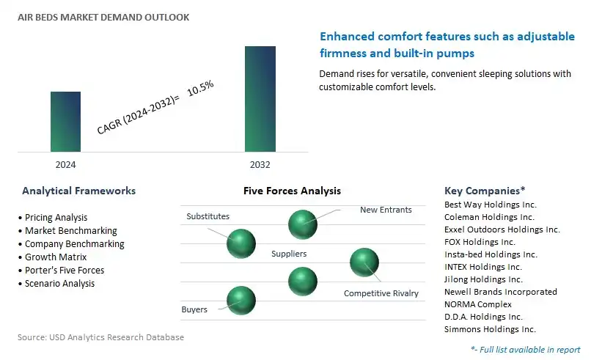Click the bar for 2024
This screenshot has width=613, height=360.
66,122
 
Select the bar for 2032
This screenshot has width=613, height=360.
260,99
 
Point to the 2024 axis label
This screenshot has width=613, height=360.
66,164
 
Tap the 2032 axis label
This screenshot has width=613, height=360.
260,164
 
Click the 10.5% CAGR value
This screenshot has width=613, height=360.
200,88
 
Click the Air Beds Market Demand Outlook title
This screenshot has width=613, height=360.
103,17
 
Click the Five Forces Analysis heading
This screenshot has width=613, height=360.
292,191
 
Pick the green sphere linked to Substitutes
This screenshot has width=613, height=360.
241,243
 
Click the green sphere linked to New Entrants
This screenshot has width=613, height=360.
303,224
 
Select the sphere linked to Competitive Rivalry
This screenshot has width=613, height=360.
364,262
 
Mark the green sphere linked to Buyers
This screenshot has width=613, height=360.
241,300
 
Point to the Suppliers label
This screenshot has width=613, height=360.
289,254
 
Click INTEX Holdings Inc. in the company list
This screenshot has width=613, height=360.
482,267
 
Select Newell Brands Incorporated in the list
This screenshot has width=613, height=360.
500,292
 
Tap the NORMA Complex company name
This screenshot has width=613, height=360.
478,304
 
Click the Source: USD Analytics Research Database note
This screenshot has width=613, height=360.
100,337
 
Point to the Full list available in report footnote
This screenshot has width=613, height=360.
526,350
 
